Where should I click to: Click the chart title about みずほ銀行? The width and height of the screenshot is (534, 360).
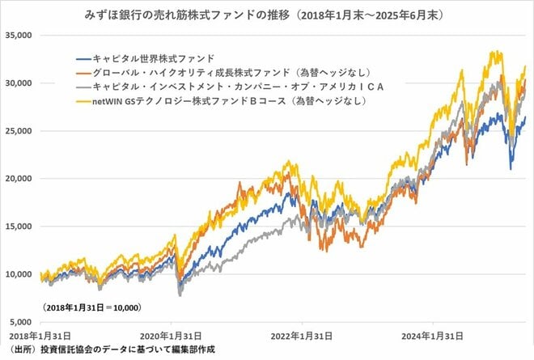tap(267, 15)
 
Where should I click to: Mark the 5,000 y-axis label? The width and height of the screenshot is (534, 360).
tap(19, 322)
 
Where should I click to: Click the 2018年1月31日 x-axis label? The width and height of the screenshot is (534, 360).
tap(35, 335)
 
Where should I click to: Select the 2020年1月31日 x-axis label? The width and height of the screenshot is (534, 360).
tap(172, 335)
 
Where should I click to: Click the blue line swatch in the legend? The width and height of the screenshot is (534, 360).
tap(83, 58)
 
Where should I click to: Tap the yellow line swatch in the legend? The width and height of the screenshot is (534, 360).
tap(83, 101)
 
